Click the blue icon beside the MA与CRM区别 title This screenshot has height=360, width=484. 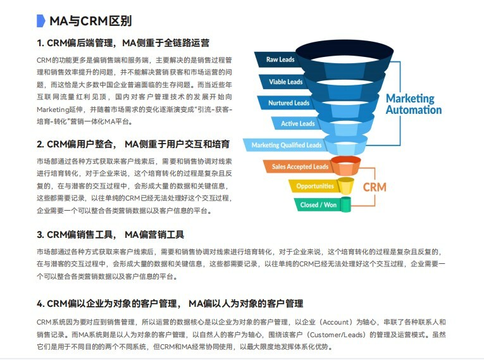(x=41, y=20)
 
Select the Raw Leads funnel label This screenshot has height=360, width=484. (x=280, y=60)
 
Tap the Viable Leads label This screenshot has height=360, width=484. (x=285, y=82)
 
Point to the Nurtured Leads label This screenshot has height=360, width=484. (x=289, y=102)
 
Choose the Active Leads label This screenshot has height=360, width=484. (x=297, y=123)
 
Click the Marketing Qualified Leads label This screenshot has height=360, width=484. (x=286, y=145)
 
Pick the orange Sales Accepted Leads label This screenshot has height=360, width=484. (x=300, y=166)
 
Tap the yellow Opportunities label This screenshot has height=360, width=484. (x=314, y=186)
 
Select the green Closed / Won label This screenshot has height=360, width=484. (x=318, y=205)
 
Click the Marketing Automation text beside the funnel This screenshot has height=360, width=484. (x=414, y=104)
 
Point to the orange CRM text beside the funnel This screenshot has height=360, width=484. (x=375, y=187)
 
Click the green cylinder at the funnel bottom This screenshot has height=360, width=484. (x=345, y=204)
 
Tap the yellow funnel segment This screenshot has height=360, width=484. (x=345, y=185)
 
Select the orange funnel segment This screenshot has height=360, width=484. (x=345, y=166)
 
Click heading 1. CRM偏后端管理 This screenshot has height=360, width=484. (x=123, y=43)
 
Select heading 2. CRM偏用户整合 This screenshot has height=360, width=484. (x=133, y=144)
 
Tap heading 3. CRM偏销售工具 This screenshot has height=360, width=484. (x=110, y=235)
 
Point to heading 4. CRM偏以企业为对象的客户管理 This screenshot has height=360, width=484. (x=170, y=304)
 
